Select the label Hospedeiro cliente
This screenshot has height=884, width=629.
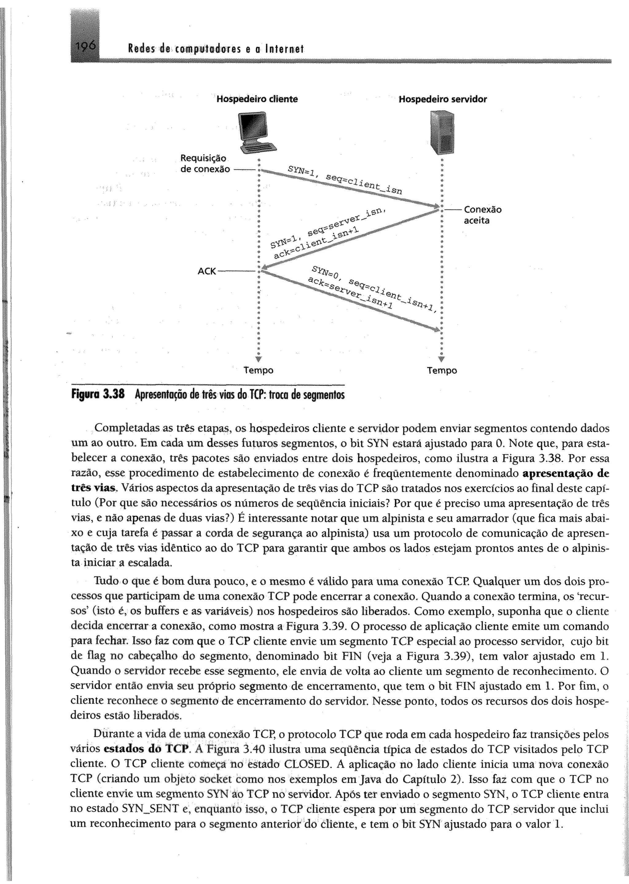point(257,99)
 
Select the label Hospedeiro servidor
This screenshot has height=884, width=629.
point(442,99)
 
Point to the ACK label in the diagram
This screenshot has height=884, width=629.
point(206,271)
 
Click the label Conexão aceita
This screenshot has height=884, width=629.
point(482,215)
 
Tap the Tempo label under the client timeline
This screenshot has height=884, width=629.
point(258,370)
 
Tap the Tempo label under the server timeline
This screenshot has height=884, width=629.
point(442,370)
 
